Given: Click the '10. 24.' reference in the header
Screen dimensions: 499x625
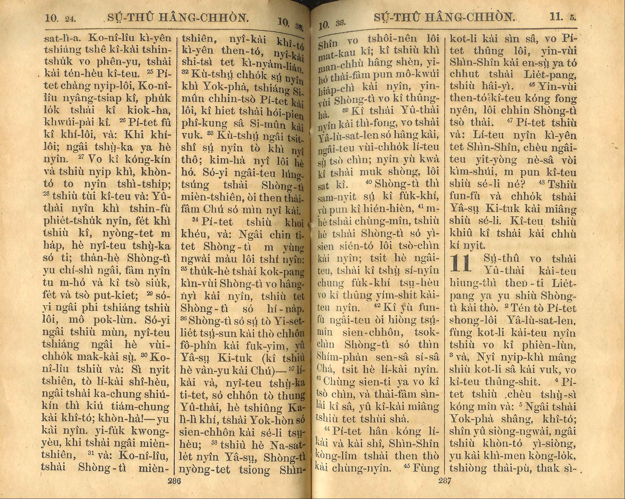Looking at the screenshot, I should click(x=60, y=18).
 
